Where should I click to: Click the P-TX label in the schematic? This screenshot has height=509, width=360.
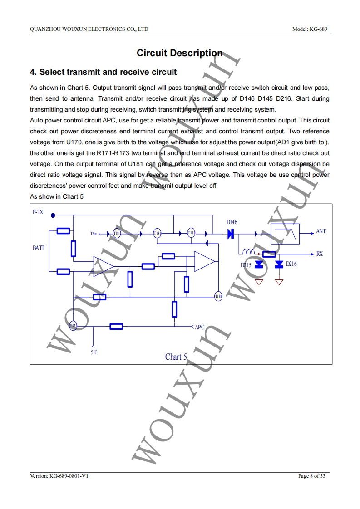click(x=38, y=212)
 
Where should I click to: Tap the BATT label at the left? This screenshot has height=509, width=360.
click(x=39, y=248)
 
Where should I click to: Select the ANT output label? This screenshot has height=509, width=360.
click(x=321, y=231)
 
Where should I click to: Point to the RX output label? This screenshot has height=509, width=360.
click(x=320, y=254)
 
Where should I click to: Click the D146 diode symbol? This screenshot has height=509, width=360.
click(x=231, y=234)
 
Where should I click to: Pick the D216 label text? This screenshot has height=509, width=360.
click(x=291, y=264)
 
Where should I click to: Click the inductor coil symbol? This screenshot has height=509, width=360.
click(x=248, y=252)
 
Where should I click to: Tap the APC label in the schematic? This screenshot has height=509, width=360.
click(x=199, y=327)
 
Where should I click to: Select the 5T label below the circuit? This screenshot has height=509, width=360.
click(x=94, y=352)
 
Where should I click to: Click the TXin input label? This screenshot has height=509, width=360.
click(x=94, y=234)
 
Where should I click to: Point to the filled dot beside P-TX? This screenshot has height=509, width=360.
click(x=53, y=215)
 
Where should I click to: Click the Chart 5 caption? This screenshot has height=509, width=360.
click(x=176, y=357)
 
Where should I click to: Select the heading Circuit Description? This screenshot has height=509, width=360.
click(x=180, y=53)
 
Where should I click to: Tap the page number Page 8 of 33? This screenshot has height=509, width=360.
click(x=311, y=476)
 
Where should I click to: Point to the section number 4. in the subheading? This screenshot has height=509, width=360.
click(x=33, y=72)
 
